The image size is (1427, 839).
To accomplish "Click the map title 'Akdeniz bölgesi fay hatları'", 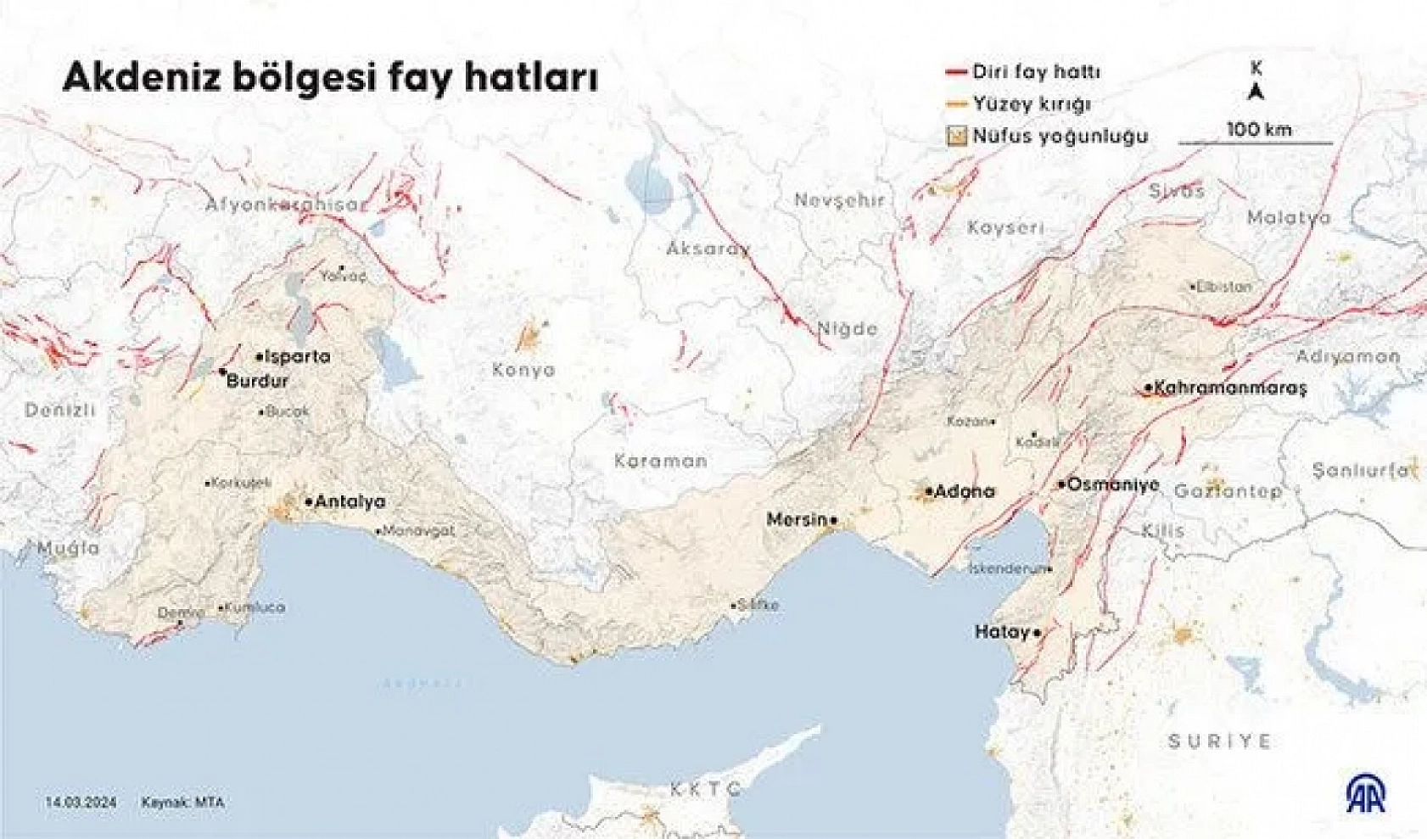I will pyautogui.click(x=331, y=78).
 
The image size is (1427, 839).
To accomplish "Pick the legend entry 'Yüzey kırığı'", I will pyautogui.click(x=1031, y=104).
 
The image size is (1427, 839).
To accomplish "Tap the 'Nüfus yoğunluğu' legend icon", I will pyautogui.click(x=957, y=136).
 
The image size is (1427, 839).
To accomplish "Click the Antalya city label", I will pyautogui.click(x=350, y=502).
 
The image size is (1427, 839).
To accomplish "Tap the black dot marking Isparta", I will pyautogui.click(x=260, y=357).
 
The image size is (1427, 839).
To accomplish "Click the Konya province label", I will pyautogui.click(x=523, y=370).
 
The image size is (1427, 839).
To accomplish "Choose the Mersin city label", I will pyautogui.click(x=796, y=519).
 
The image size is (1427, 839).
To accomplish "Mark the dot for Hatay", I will pyautogui.click(x=1038, y=633).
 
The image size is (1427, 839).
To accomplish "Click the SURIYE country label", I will pyautogui.click(x=1219, y=741).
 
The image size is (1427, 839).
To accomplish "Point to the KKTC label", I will pyautogui.click(x=706, y=789).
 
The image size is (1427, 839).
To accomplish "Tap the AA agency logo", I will pyautogui.click(x=1366, y=793).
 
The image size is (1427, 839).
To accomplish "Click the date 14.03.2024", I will pyautogui.click(x=81, y=802).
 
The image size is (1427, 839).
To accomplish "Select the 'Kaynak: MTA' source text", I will pyautogui.click(x=183, y=802).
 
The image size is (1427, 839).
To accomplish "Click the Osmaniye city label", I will pyautogui.click(x=1112, y=485).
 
